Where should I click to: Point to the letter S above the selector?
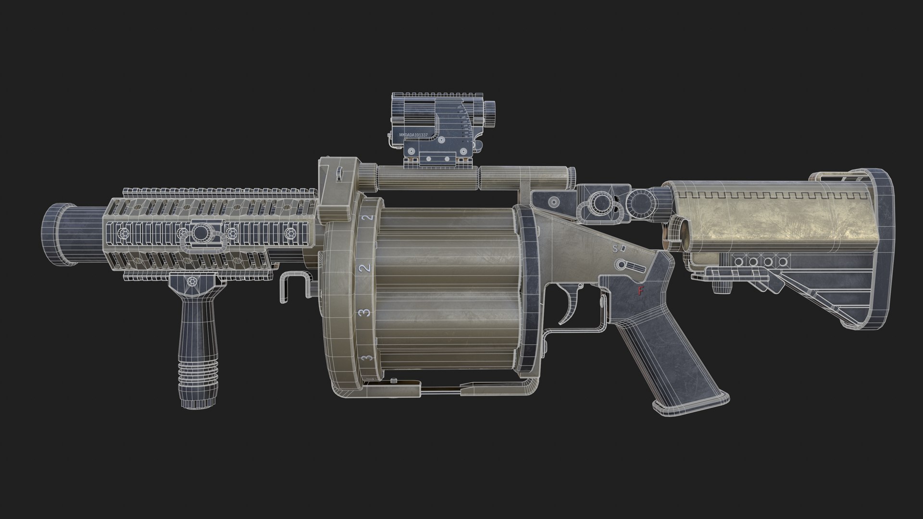coord(614,249)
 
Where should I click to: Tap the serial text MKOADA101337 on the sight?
coord(413,136)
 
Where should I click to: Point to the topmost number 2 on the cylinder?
coord(369,218)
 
